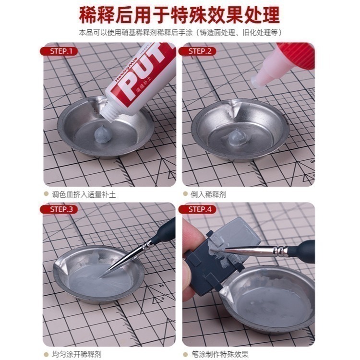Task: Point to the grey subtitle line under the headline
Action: click(x=180, y=33)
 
